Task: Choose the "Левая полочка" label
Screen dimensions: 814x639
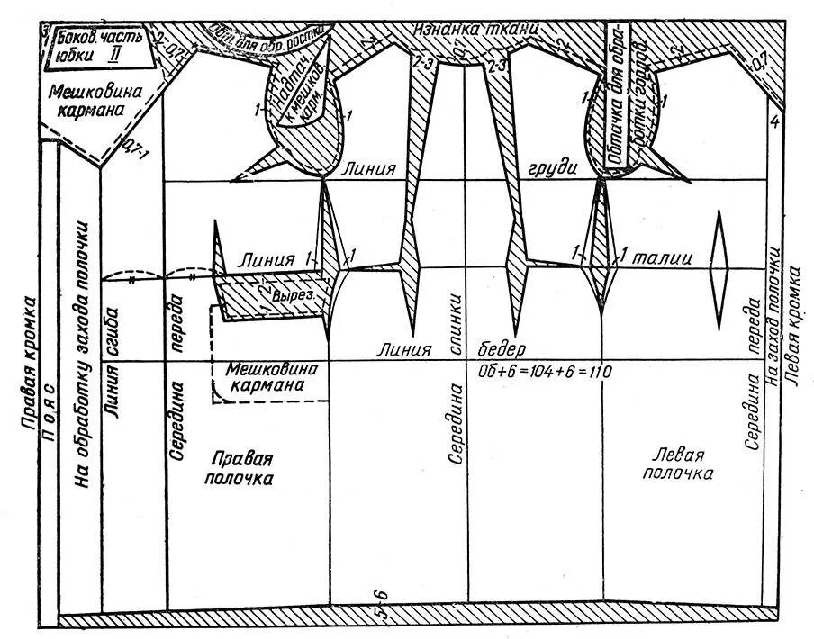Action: (681, 464)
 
